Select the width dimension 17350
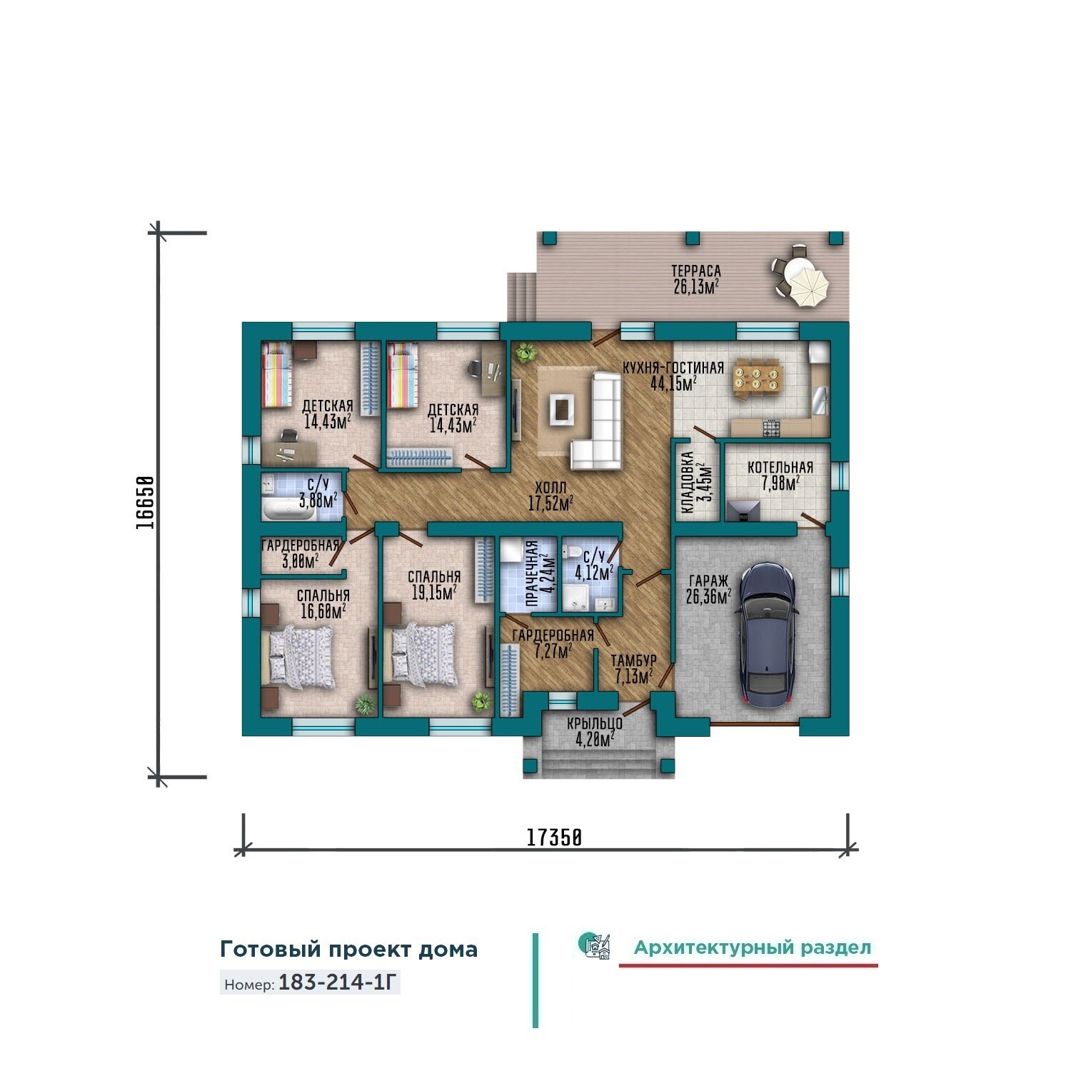(x=554, y=838)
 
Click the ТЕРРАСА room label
(x=695, y=271)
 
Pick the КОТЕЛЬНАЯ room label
(x=780, y=468)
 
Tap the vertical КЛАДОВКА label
(x=688, y=483)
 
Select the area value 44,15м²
(x=673, y=383)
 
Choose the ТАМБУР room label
(x=633, y=660)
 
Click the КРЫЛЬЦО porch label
(x=595, y=723)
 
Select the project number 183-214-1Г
(x=336, y=982)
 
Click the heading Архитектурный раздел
(x=753, y=947)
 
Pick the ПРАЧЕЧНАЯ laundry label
(x=532, y=573)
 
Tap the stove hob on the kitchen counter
(x=772, y=428)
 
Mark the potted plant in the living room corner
(x=527, y=351)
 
